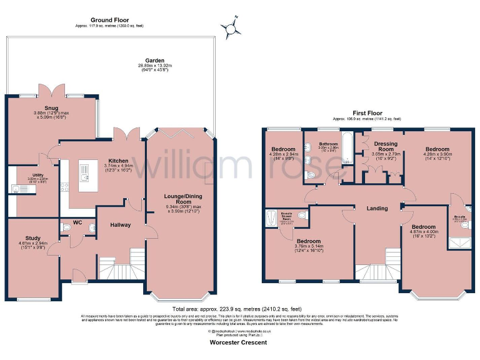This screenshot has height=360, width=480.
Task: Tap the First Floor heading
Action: coord(367,112)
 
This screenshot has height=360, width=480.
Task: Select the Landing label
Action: coord(377,208)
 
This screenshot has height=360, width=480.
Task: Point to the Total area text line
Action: coord(240,309)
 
